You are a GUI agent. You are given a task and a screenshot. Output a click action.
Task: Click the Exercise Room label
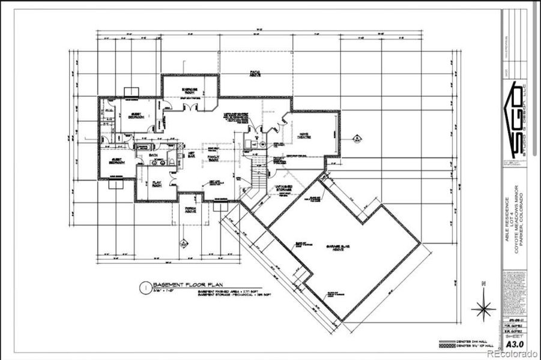[x=190, y=91]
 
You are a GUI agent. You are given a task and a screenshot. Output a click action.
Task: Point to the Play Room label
[x=157, y=184]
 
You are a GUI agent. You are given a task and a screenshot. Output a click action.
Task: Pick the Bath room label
[x=153, y=155]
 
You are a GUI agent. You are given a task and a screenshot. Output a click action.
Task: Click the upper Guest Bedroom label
[x=136, y=115]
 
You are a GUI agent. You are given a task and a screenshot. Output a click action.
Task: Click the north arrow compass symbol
[x=483, y=307]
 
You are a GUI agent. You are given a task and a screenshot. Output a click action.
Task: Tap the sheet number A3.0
[x=513, y=344]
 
